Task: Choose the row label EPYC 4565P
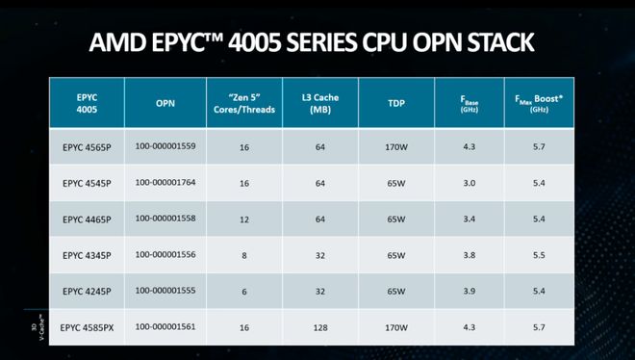click(87, 146)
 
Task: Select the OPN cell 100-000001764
click(165, 182)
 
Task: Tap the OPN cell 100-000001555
click(165, 290)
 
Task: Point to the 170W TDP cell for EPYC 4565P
click(395, 146)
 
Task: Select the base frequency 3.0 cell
click(471, 182)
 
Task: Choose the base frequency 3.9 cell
click(471, 290)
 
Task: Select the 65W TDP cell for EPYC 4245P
click(395, 290)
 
